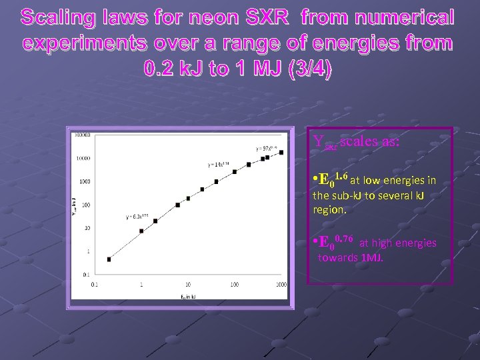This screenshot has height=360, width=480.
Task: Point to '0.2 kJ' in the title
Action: [175, 69]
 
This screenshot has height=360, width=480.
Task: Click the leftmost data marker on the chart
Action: [109, 259]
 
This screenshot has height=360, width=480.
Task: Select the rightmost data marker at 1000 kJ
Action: [281, 153]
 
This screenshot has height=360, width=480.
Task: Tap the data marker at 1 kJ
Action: [141, 231]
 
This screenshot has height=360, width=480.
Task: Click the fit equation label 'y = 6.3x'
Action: [136, 217]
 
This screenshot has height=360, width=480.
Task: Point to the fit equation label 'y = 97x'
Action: [265, 147]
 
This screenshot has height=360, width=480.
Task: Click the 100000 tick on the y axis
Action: [83, 135]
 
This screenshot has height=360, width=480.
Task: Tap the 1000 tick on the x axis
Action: [281, 285]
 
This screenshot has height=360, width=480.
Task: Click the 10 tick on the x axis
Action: [188, 285]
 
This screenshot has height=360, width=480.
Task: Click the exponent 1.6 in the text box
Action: [342, 175]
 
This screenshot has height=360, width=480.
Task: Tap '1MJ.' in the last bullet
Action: [371, 257]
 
